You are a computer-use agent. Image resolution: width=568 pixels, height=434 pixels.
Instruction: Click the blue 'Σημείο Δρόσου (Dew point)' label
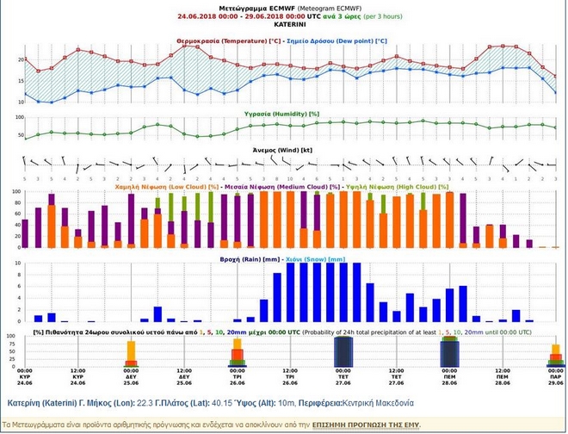click(340, 40)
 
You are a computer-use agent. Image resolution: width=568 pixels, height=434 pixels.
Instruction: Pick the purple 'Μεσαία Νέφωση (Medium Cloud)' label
click(284, 185)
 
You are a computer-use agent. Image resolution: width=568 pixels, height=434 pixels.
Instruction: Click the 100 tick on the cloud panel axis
click(15, 192)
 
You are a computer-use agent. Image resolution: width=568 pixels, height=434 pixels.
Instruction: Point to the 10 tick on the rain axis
click(17, 264)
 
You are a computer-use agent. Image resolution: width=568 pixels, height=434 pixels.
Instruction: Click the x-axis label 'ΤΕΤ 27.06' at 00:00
click(343, 379)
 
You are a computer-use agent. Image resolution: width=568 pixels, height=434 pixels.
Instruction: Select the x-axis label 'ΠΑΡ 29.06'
click(555, 379)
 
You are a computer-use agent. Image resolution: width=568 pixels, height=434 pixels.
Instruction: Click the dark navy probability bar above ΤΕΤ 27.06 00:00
click(343, 351)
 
